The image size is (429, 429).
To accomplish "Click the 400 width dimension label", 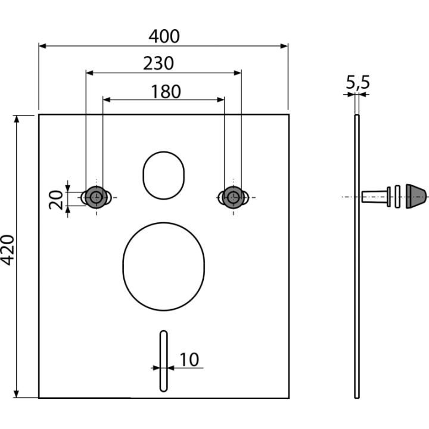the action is tap(164, 36).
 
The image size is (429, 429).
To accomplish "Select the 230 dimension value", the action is tap(158, 64).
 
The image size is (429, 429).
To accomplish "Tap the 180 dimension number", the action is tap(166, 92).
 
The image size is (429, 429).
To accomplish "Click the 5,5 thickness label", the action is tap(358, 82).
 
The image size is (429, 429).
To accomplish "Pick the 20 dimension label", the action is tap(56, 200).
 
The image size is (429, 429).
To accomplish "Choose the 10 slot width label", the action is tap(189, 359).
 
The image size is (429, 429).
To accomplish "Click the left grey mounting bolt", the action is tap(96, 197).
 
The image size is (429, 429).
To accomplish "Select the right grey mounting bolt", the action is tap(234, 197).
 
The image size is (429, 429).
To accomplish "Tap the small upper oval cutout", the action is tap(164, 152).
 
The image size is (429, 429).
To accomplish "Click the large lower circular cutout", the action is tap(164, 223).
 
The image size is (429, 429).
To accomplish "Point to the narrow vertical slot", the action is tap(164, 361).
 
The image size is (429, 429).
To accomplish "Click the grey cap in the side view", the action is tap(416, 196).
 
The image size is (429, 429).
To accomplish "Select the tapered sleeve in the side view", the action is tap(374, 197).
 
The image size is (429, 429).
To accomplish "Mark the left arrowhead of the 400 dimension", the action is tap(42, 46).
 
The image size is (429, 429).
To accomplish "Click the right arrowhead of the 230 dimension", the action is tap(238, 73).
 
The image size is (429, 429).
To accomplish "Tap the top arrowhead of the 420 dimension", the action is tap(17, 119).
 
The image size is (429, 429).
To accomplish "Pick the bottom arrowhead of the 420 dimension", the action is tap(17, 394).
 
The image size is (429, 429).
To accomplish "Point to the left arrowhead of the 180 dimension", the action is tap(107, 100).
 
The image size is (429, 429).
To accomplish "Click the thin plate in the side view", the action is tap(357, 256).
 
